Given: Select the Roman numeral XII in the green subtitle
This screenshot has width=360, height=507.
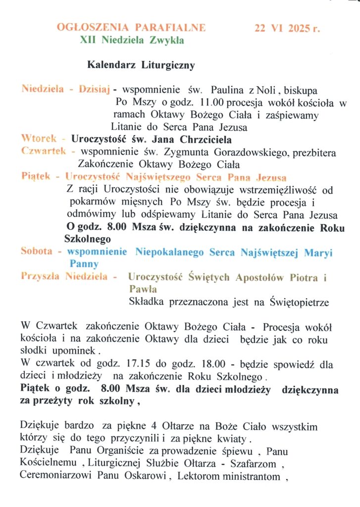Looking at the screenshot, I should coord(88,41).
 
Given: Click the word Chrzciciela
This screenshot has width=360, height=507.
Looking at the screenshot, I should coord(202,139).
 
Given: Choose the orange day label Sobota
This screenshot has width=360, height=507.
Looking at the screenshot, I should coord(36,252).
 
